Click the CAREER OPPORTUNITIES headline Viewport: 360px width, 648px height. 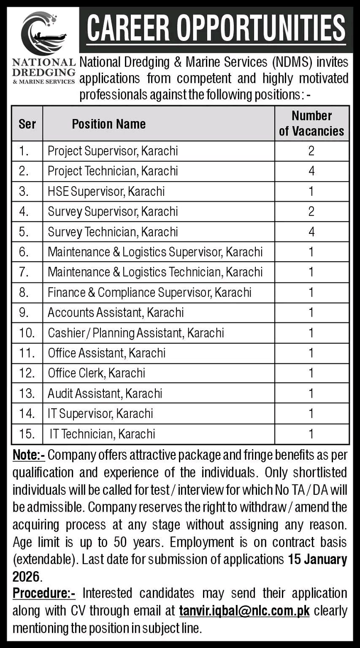tap(216, 28)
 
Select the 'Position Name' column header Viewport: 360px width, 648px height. tap(108, 124)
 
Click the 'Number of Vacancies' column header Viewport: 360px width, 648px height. tap(311, 123)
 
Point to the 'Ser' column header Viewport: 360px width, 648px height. tap(27, 124)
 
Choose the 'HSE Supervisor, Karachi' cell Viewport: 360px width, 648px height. tap(106, 191)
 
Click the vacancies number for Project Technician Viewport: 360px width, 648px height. tap(311, 171)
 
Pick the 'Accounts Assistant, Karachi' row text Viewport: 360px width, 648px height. tap(116, 312)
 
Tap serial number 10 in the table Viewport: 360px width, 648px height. tap(27, 333)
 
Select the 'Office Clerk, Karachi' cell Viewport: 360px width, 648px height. tap(96, 373)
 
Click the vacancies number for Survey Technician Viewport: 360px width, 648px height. tap(311, 232)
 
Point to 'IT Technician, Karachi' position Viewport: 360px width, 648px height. tap(102, 434)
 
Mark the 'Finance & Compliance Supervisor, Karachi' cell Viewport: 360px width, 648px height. tap(149, 292)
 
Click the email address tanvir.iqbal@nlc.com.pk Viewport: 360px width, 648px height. tap(244, 611)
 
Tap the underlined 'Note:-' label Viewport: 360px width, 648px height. tap(29, 455)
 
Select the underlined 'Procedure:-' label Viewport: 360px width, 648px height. tap(44, 593)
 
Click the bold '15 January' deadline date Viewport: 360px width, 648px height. tap(317, 559)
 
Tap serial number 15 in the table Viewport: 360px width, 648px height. tap(27, 434)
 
